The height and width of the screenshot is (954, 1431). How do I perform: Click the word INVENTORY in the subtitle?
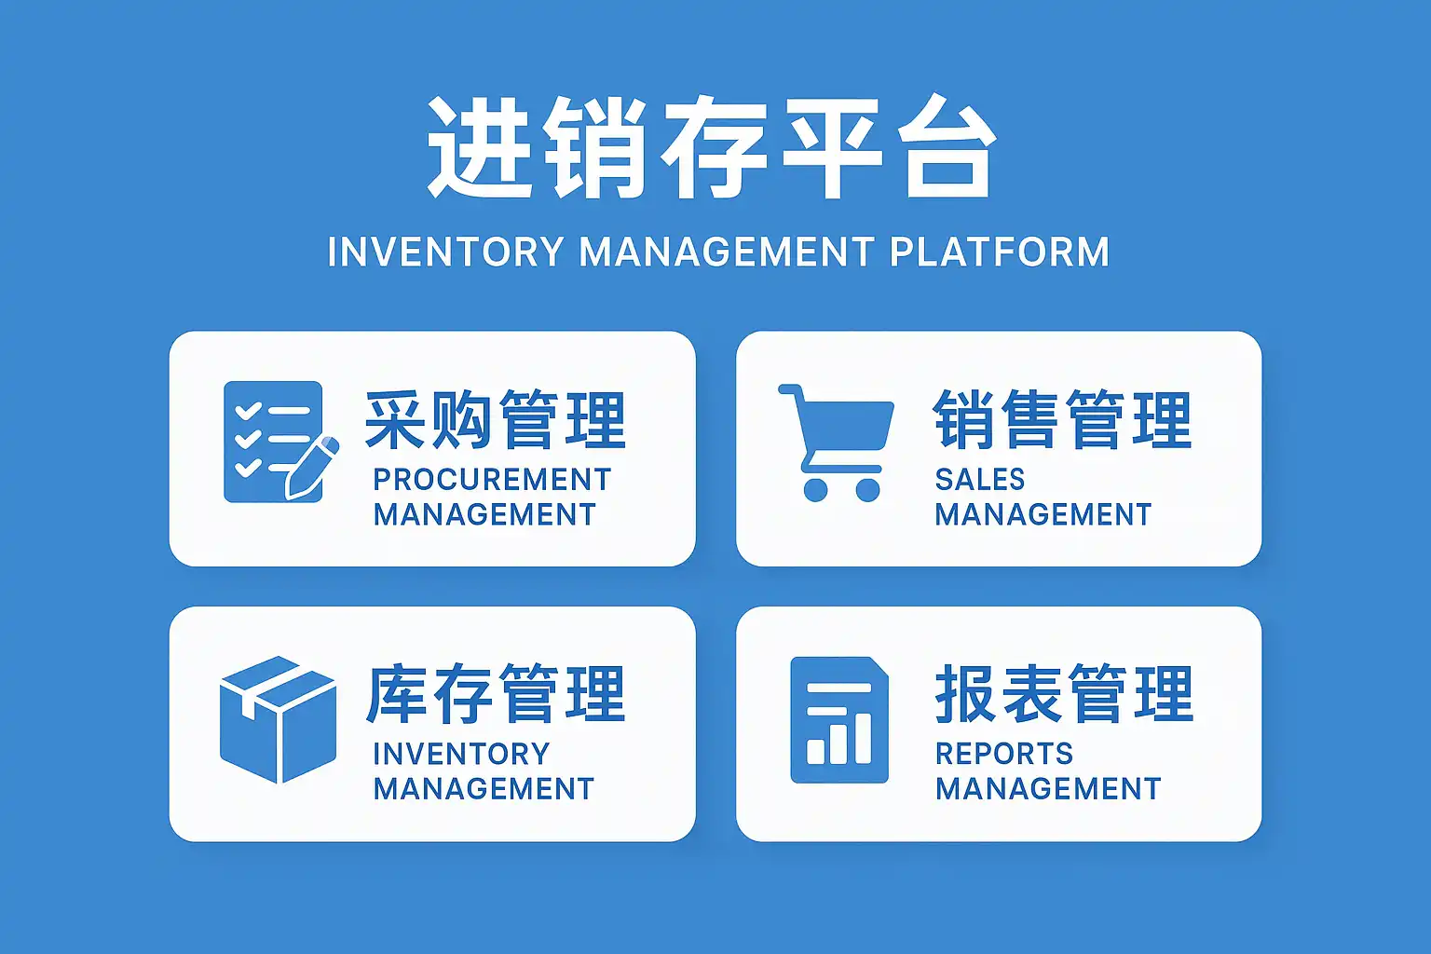point(446,252)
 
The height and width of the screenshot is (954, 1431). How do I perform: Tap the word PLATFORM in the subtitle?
point(1000,252)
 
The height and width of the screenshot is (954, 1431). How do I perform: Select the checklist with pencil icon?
point(278,442)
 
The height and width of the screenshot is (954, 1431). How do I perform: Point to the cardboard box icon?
point(278,718)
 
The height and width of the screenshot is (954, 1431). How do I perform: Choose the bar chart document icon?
point(838,718)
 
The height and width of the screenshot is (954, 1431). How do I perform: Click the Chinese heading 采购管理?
point(495,421)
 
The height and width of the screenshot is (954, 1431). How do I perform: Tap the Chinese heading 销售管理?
point(1062,421)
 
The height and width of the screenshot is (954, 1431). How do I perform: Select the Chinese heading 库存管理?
point(495,695)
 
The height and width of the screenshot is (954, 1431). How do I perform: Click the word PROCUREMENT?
point(492,480)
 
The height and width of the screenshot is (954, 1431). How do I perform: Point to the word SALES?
point(980,480)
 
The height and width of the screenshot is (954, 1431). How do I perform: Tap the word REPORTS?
point(1004,754)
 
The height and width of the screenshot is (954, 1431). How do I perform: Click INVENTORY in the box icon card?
point(461,754)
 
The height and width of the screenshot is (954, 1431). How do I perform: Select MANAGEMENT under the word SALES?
point(1043,515)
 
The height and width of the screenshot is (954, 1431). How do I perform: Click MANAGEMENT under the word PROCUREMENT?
point(484,515)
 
